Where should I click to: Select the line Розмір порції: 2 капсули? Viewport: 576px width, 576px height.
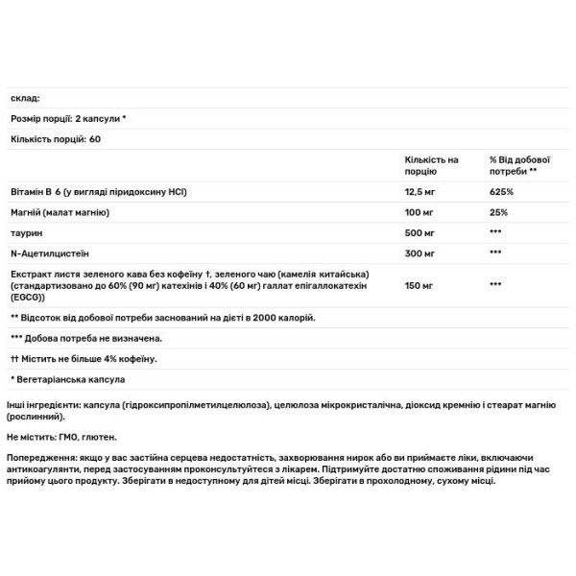coord(68,119)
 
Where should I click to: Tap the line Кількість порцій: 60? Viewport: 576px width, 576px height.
coord(56,139)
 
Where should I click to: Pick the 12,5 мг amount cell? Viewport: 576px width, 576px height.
coord(421,192)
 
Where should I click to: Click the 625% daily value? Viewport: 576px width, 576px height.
coord(500,192)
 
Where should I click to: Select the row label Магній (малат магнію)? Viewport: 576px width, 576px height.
coord(59,212)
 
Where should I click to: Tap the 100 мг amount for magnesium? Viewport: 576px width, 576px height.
coord(420,212)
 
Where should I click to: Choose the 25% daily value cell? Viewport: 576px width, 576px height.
coord(497,212)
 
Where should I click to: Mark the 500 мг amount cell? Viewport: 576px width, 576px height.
coord(420,232)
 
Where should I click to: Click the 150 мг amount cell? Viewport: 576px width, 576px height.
coord(420,285)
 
